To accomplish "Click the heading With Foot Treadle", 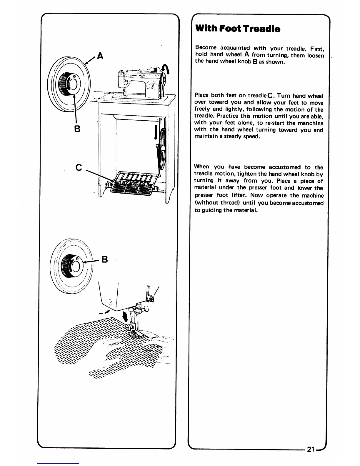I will pos(238,29).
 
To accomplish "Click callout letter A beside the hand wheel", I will pos(100,56).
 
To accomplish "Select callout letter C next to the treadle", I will pos(79,167).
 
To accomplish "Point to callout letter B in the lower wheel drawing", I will pos(104,259).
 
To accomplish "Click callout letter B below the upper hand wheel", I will pos(77,129).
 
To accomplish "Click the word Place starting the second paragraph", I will pos(201,96).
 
